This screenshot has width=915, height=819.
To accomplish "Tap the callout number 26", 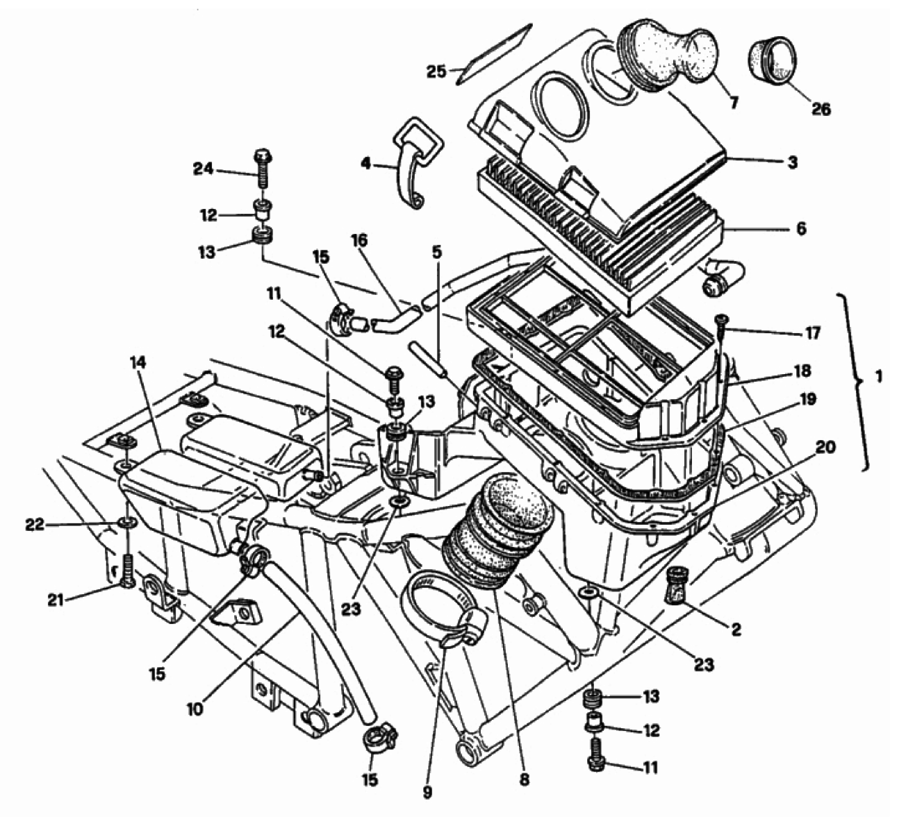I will pos(821,109).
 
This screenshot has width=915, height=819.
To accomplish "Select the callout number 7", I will pos(734,103).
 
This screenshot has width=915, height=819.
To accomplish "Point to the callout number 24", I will pos(203,169).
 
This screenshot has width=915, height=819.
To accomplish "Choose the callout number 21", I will pos(56,598).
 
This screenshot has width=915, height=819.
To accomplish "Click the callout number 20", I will pos(825,448).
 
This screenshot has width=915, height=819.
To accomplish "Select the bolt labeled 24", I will pos(262,167).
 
